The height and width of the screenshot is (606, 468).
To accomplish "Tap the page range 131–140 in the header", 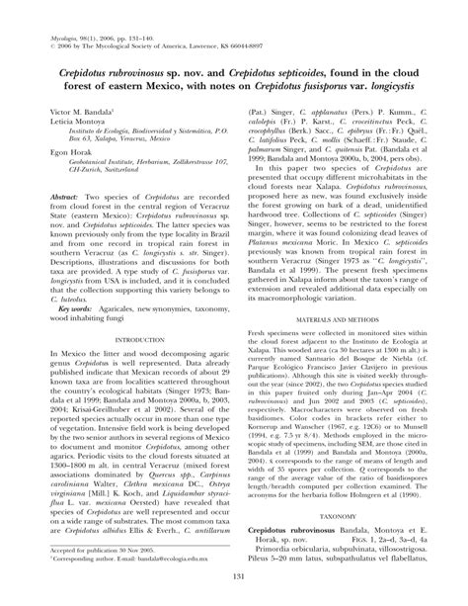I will (x=136, y=7).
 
